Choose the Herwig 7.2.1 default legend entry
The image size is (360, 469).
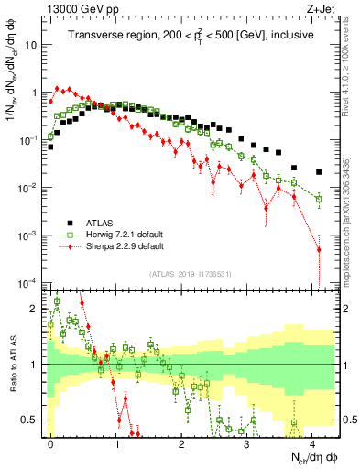point(126,234)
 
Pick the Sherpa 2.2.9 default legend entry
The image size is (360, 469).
point(125,246)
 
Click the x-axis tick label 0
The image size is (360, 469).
point(50,442)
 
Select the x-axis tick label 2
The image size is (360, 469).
point(181,442)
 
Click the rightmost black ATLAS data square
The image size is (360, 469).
point(319,172)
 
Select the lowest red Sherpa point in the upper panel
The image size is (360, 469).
point(319,249)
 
